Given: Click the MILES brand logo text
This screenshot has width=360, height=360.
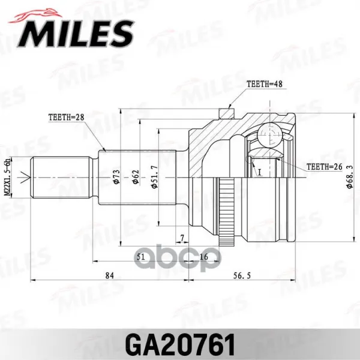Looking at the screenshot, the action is coord(76,34).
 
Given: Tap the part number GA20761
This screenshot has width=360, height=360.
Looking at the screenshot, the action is coord(180,345).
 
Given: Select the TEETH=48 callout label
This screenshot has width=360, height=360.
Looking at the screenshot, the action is coord(265,84).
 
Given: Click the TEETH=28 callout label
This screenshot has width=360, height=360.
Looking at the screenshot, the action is coord(67,117).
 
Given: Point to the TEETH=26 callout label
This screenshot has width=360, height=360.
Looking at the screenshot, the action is coord(325,167).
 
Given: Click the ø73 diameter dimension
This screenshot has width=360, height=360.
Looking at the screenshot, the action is coord(116,176).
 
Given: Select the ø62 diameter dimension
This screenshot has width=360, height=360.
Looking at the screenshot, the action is coord(136,177).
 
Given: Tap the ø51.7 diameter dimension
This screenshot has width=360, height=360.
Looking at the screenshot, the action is coord(155,177).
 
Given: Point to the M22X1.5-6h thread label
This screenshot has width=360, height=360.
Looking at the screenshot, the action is coord(8,176).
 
